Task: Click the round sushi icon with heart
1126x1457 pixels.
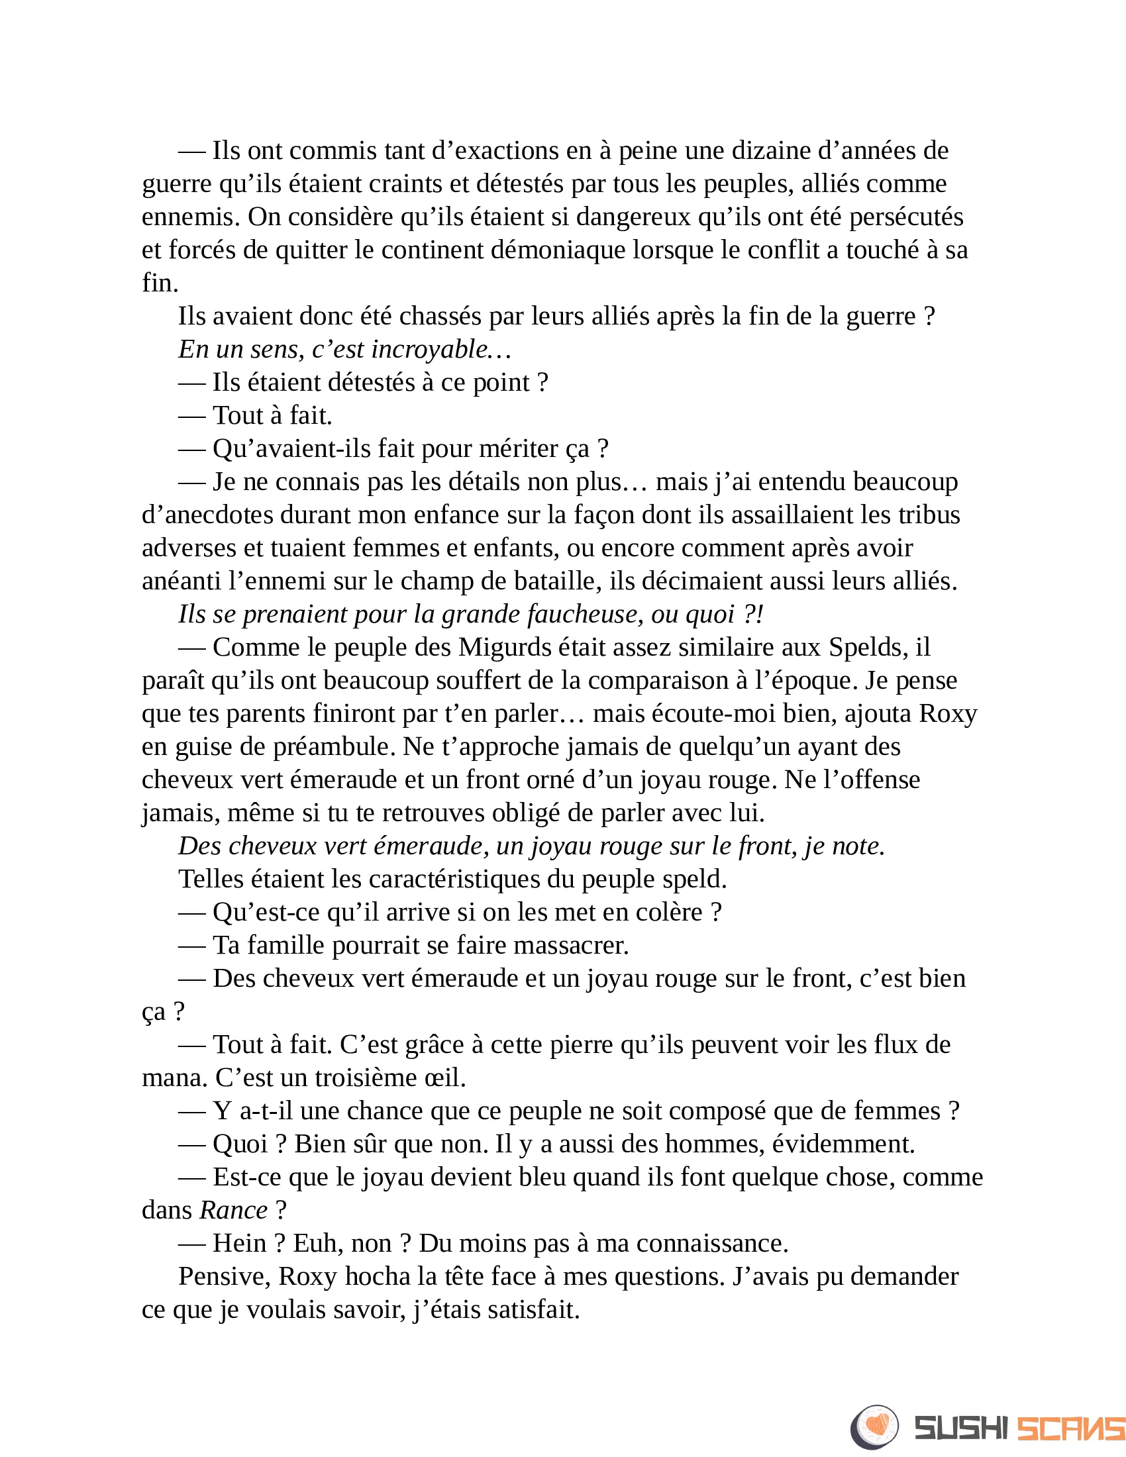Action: tap(874, 1427)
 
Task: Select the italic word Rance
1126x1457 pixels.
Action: tap(233, 1210)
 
